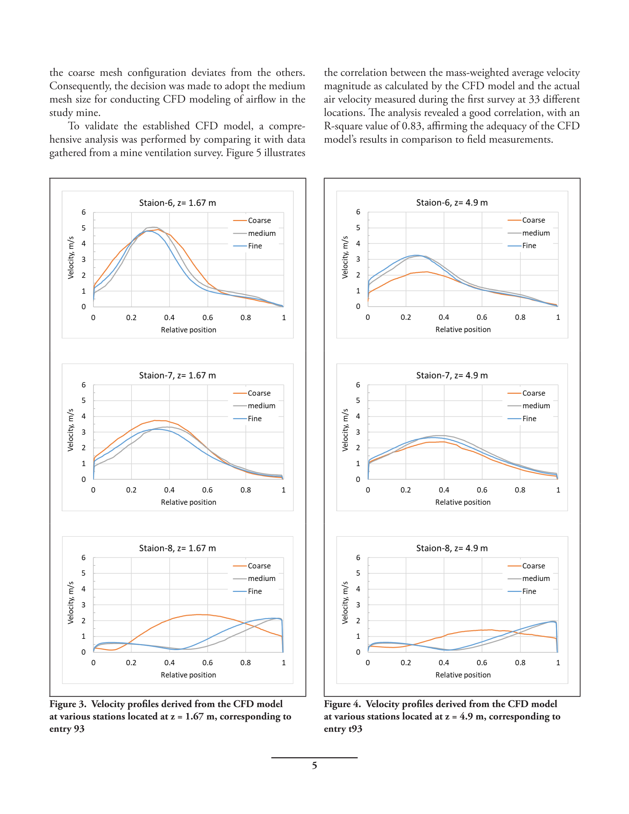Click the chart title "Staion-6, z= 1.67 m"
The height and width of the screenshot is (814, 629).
pos(177,203)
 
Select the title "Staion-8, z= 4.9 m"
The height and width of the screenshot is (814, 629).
pos(452,548)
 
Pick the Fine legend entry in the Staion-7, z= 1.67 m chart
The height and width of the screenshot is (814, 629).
pos(248,418)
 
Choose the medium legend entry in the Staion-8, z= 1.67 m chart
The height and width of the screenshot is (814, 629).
pos(254,579)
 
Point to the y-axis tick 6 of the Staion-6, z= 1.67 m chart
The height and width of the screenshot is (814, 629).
pos(84,213)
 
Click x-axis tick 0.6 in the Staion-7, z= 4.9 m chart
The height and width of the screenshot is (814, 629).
pos(482,490)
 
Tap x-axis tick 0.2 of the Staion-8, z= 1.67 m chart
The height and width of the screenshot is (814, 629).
pos(131,663)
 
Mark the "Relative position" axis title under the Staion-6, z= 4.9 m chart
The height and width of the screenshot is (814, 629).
pos(463,330)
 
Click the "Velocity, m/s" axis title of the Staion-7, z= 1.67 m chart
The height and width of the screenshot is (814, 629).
pos(71,430)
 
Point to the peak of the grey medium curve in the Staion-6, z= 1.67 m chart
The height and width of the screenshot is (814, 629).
pos(153,227)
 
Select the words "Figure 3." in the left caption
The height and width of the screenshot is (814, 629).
pos(68,704)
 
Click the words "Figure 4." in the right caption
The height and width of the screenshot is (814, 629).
pos(342,704)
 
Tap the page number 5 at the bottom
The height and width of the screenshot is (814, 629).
pos(314,766)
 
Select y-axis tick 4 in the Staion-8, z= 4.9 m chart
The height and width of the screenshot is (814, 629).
pos(358,589)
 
